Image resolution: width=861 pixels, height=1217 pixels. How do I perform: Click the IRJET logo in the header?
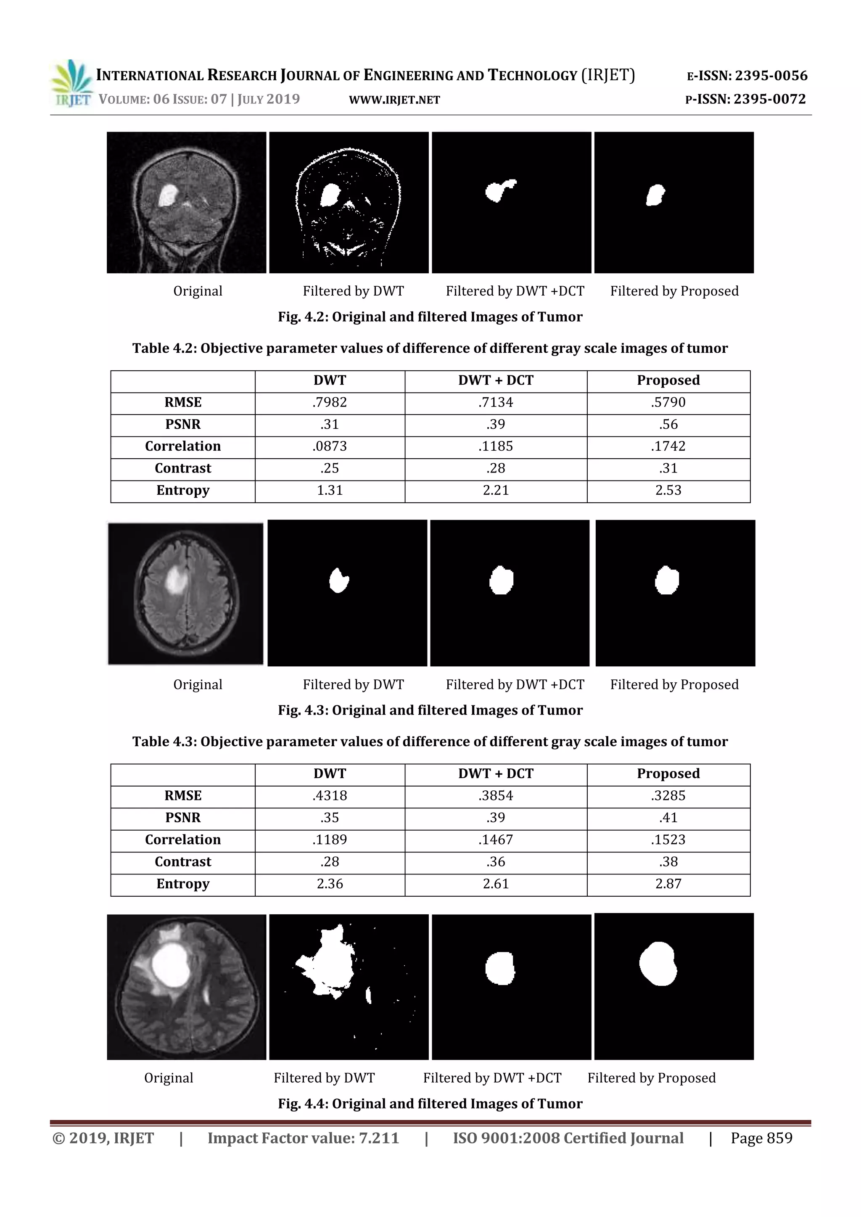71,84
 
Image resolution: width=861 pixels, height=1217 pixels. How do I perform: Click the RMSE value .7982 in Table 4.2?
329,402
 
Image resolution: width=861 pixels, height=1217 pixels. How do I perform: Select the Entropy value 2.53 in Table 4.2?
668,490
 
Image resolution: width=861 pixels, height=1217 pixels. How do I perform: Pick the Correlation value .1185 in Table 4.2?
496,446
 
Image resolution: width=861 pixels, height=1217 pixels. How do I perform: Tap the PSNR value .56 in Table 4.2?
668,425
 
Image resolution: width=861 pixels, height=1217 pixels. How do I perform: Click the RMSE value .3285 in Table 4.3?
668,796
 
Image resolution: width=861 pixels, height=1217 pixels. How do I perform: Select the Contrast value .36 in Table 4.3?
496,862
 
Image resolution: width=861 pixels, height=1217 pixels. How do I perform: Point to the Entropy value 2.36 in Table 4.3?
329,884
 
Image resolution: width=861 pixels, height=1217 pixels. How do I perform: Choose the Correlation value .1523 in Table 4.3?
668,839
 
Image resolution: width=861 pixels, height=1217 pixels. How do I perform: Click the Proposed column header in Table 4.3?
668,773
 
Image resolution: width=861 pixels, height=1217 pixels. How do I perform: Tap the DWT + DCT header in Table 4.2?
496,380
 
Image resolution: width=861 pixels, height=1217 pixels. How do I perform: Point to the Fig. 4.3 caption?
430,710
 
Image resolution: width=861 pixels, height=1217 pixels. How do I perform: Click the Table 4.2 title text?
430,348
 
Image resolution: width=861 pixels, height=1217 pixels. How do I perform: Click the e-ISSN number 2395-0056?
771,76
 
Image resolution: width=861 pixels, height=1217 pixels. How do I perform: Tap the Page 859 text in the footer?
761,1138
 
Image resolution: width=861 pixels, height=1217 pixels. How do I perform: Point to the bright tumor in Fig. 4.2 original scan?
168,195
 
